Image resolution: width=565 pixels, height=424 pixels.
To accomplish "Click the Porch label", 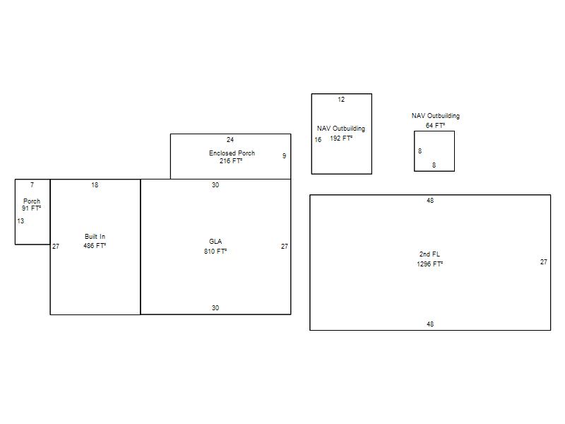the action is point(32,201).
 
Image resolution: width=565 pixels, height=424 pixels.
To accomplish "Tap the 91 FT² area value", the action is point(31,208).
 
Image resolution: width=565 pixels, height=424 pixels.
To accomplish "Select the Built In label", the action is point(95,237).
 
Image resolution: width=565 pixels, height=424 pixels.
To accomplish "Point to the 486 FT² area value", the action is point(95,245).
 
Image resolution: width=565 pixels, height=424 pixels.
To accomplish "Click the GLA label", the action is point(215,242).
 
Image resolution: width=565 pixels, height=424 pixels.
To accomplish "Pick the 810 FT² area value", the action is point(215,252).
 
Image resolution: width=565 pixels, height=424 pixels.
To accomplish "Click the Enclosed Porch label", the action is point(232,153).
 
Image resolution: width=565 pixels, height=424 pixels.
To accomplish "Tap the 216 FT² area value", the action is point(231,161).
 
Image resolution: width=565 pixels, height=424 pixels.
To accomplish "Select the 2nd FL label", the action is point(429,254).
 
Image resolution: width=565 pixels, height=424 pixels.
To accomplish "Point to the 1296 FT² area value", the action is point(429,264).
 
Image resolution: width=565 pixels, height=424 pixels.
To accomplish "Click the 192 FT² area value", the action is point(341,139).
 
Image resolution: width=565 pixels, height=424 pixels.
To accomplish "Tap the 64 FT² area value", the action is point(435,126).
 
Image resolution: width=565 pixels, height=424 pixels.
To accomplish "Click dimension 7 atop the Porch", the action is point(32,185).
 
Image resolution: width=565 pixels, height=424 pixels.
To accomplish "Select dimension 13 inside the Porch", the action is point(20,221).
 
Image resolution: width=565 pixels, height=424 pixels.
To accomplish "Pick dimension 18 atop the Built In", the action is point(95,185).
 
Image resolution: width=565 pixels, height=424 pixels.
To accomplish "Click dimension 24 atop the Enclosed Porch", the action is point(230,139).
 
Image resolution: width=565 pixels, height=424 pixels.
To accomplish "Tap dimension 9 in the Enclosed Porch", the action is point(285,155).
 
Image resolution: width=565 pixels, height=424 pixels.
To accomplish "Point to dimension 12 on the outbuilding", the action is point(341,100).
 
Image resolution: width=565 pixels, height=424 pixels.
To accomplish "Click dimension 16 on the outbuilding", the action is point(318,140).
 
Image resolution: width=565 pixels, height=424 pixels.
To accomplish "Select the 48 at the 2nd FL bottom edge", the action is point(430,324).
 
